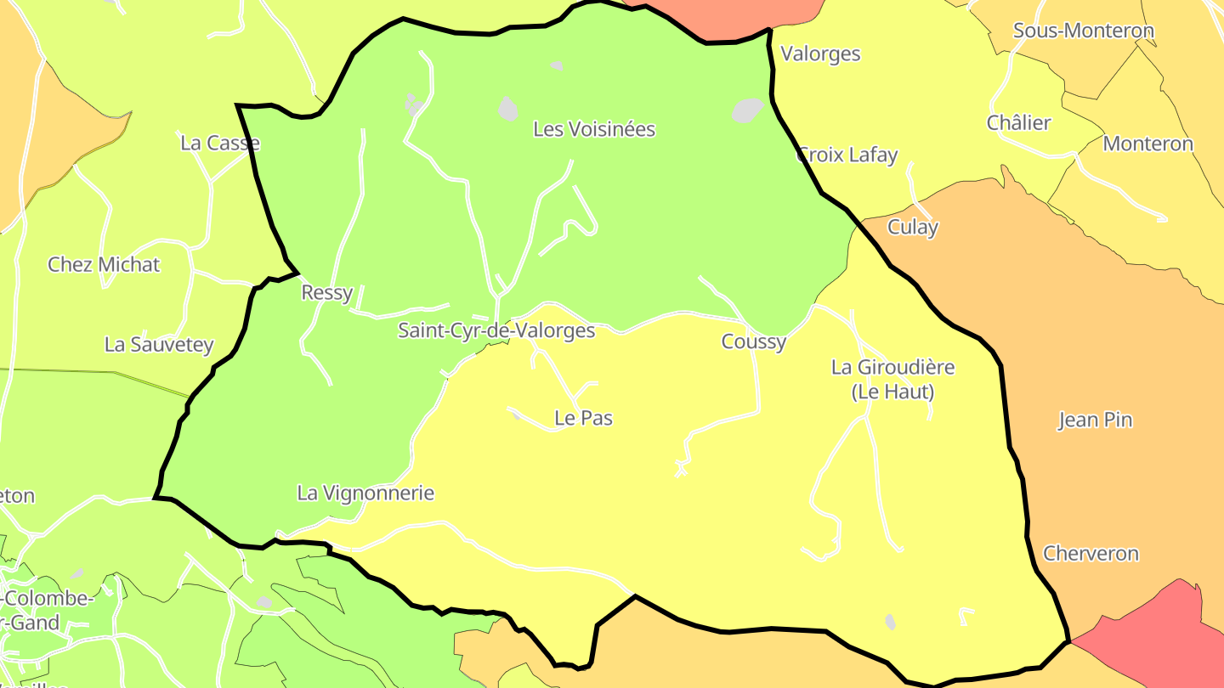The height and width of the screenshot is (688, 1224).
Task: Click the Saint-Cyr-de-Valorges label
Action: click(x=496, y=330)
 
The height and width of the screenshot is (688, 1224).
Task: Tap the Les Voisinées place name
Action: click(x=594, y=129)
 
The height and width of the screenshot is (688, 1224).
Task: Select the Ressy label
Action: click(x=327, y=293)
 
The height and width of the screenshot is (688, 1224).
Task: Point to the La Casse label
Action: click(x=219, y=143)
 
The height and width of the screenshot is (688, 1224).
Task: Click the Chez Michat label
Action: click(x=104, y=264)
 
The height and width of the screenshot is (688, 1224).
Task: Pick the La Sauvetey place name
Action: click(x=159, y=344)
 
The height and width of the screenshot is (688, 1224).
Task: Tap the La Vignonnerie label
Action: click(x=365, y=493)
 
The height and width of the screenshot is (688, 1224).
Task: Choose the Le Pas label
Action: click(x=583, y=418)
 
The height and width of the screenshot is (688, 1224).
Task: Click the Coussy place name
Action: click(x=753, y=341)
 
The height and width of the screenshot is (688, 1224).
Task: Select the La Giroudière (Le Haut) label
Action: click(x=892, y=379)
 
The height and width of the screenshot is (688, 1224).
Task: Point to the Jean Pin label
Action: click(x=1094, y=420)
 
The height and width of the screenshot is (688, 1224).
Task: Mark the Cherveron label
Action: click(x=1091, y=554)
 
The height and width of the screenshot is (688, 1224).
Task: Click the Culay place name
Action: click(x=913, y=227)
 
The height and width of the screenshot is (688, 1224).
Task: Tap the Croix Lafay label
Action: click(x=847, y=155)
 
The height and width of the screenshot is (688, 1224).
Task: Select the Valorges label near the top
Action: click(x=820, y=54)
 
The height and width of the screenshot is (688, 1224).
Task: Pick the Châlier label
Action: click(x=1018, y=122)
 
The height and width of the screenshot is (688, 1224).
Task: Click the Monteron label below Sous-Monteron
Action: click(x=1147, y=144)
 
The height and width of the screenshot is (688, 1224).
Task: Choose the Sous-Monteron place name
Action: click(x=1084, y=31)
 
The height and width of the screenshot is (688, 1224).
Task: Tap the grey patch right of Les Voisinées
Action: click(x=748, y=110)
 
